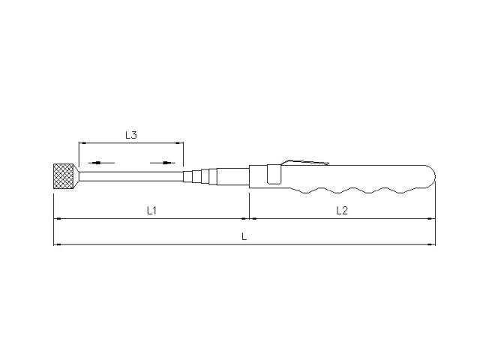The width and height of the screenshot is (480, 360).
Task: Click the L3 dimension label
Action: point(130,136)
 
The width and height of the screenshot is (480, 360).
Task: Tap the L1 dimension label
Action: point(151,211)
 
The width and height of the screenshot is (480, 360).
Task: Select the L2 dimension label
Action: point(341,211)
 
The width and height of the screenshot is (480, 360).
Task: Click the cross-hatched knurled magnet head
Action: point(63,176)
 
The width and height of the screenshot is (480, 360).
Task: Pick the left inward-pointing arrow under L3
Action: point(97,163)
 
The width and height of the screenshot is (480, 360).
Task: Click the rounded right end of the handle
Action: point(428,177)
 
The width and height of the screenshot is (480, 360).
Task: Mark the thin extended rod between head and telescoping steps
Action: point(131,176)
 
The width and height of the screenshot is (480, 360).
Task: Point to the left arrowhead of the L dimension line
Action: point(57,244)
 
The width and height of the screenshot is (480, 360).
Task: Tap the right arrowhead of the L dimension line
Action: point(432,244)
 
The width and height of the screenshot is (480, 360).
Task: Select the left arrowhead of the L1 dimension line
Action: point(57,219)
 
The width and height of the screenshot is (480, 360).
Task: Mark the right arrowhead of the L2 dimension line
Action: point(432,219)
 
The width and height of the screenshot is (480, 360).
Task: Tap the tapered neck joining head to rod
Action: point(76,176)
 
